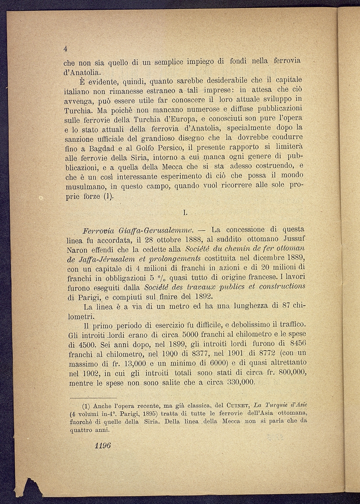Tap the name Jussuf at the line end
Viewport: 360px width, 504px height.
click(x=292, y=240)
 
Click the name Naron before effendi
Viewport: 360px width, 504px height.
click(x=77, y=250)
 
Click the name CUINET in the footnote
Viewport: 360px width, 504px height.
click(x=236, y=406)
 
